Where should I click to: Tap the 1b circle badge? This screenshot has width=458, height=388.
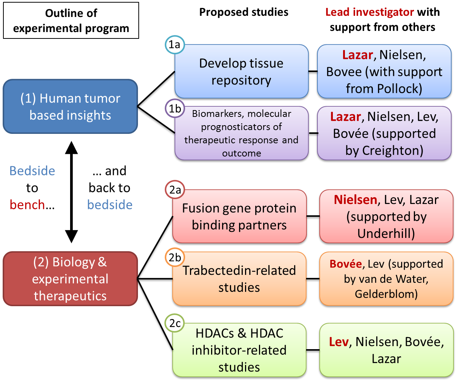175,109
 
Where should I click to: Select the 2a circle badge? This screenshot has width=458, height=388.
175,190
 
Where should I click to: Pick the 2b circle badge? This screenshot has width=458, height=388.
175,258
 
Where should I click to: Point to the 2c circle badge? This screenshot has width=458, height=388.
175,323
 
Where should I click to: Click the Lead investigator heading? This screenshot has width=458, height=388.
369,12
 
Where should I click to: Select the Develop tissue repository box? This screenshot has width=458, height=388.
241,72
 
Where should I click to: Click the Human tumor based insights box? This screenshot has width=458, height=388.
70,107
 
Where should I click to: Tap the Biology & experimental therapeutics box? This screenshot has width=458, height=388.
70,279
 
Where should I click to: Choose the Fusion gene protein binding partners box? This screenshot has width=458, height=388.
239,216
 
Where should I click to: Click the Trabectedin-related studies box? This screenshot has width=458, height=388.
239,279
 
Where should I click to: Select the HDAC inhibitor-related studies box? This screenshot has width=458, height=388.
239,350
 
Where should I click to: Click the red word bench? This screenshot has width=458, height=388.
27,205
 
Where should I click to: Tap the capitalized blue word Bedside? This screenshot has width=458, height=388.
32,171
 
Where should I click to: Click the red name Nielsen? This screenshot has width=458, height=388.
355,199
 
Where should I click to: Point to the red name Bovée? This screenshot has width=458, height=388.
345,264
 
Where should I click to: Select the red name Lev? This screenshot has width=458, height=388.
339,342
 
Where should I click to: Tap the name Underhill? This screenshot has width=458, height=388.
386,233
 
